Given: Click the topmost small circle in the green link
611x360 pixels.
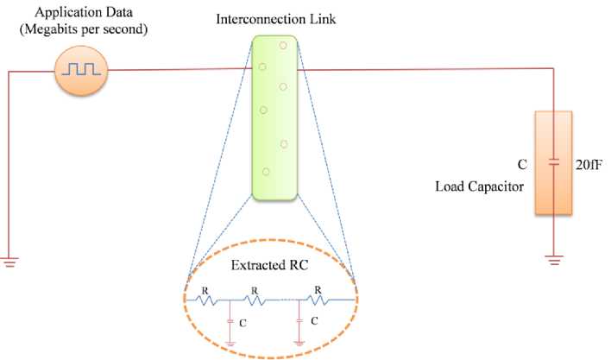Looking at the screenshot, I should coord(283,44).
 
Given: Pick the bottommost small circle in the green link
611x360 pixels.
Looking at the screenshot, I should coord(266,172).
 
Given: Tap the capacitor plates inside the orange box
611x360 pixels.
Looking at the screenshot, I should coord(554,161).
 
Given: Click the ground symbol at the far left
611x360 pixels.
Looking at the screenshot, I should coord(9,262).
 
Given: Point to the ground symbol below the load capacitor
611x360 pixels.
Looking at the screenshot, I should coord(554,257).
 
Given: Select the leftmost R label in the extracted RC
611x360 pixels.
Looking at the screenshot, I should coord(204,291).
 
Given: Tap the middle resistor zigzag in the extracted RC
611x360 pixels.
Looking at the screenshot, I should coord(255,301).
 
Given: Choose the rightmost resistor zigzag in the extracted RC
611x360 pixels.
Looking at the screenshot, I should coord(318,300).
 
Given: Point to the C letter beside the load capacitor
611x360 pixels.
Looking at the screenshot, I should coord(522,161).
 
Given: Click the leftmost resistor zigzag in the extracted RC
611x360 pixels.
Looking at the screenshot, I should coord(205,301).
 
